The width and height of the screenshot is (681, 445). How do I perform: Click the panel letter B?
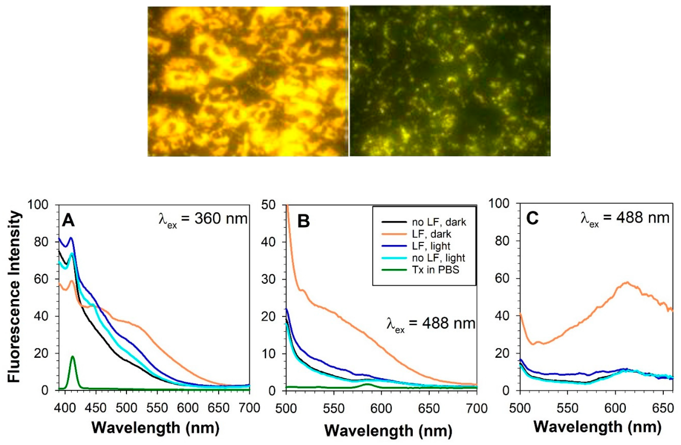click(x=304, y=221)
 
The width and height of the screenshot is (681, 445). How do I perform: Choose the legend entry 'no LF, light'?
click(x=438, y=258)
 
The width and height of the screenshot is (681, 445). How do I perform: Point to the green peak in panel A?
click(x=72, y=357)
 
